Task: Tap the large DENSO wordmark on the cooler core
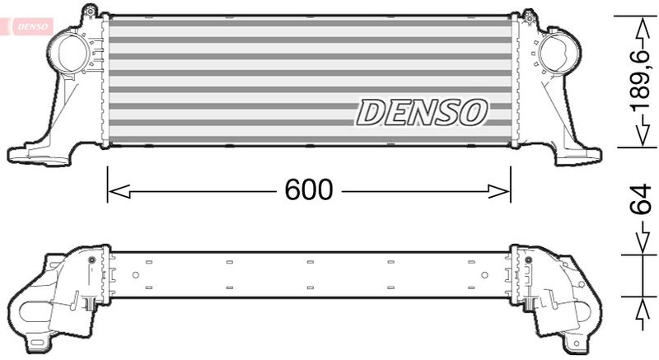point(421,113)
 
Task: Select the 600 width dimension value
point(309,191)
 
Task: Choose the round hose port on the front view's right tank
point(553,51)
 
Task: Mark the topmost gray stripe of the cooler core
point(309,23)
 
